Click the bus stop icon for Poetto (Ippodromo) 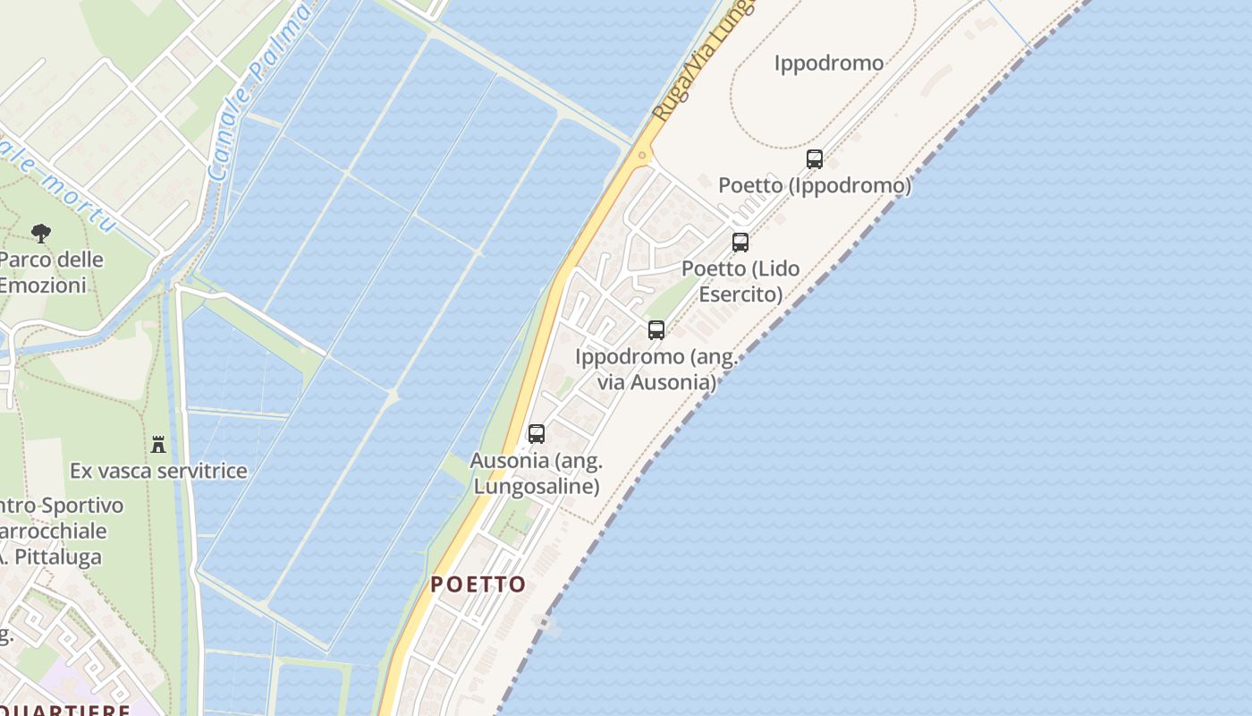(x=814, y=159)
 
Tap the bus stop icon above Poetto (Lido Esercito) (x=740, y=242)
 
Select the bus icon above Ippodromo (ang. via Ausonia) (x=656, y=329)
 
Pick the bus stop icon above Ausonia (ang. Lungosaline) (x=536, y=433)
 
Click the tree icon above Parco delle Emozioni (x=40, y=234)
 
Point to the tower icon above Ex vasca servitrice (x=158, y=444)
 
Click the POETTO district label (x=478, y=584)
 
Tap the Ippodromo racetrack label (x=828, y=64)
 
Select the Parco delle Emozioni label (x=50, y=273)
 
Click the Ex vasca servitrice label (x=158, y=471)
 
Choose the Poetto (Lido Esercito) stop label (x=740, y=281)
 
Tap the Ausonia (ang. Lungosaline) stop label (x=537, y=473)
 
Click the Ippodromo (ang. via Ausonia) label (x=656, y=370)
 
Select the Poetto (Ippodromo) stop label (x=815, y=185)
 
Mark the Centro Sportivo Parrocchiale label (x=58, y=531)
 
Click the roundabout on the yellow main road (x=642, y=155)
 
